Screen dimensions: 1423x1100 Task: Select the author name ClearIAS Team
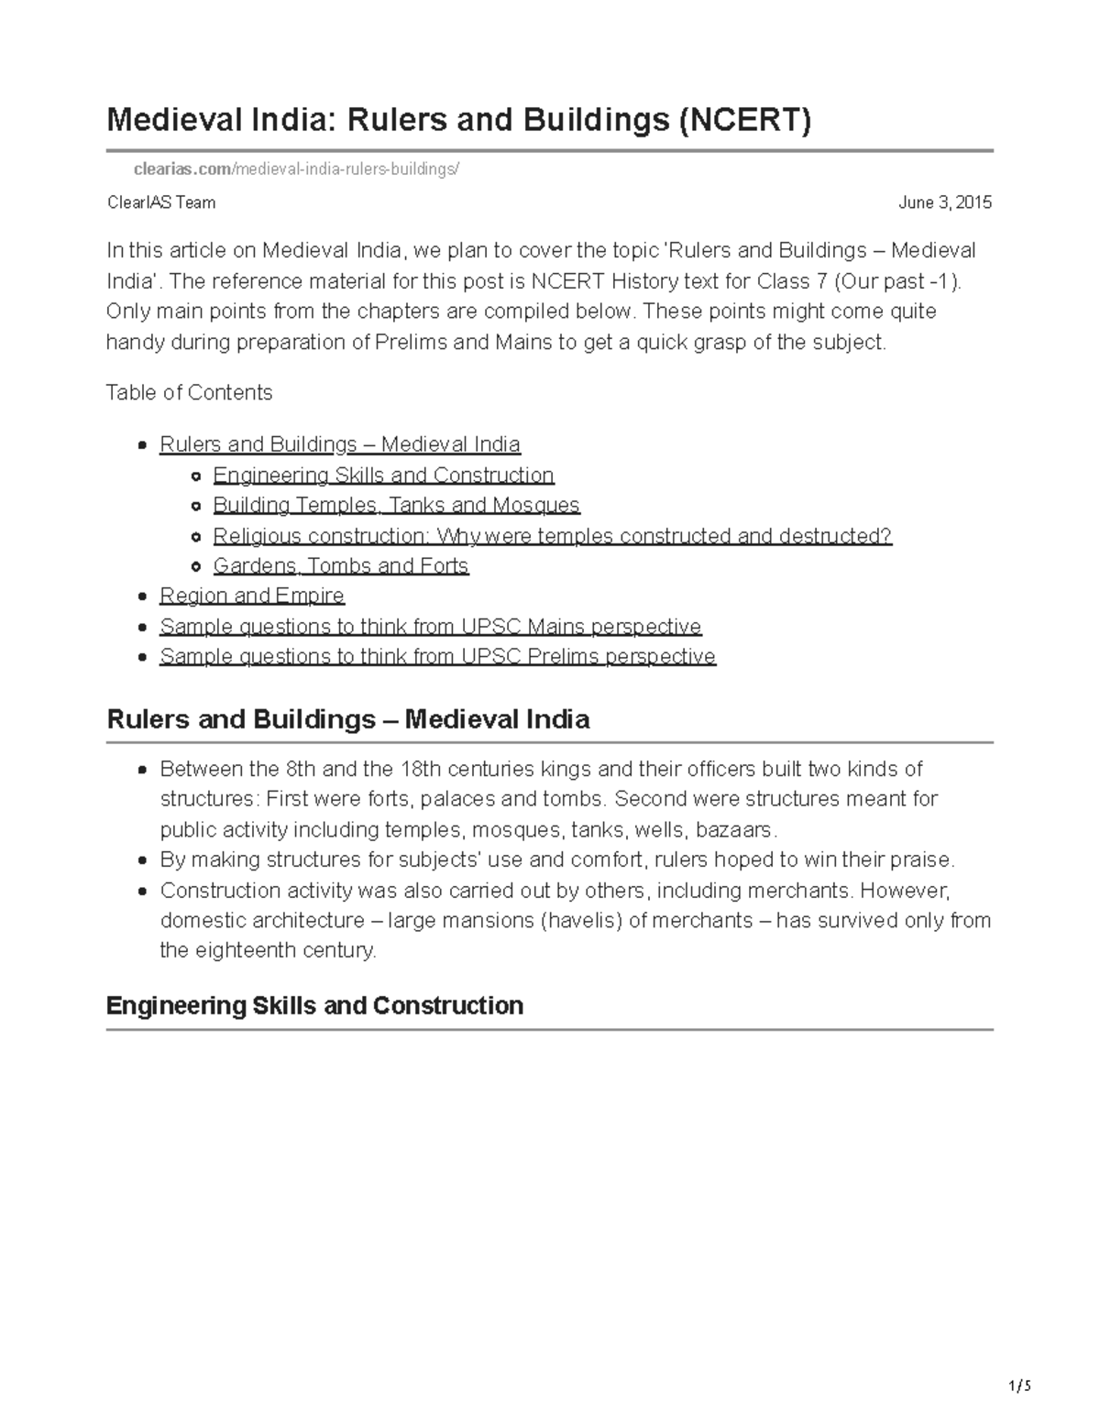coord(161,203)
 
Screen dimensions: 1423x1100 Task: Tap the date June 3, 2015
coord(944,203)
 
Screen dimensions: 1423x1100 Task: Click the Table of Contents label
coord(190,393)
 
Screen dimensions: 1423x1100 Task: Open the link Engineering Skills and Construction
coord(383,476)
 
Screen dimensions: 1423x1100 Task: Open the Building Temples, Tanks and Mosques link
coord(396,506)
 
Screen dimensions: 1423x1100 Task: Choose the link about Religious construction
coord(552,536)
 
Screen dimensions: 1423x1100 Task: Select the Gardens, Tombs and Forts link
coord(340,566)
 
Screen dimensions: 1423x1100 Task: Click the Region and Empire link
coord(251,597)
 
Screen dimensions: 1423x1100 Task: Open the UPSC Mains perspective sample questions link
coord(430,627)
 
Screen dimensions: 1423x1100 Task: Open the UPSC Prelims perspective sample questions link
coord(437,657)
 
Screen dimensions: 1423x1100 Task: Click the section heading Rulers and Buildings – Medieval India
coord(348,719)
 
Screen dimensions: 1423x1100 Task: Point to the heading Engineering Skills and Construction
coord(314,1006)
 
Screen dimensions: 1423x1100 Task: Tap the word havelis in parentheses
coord(583,921)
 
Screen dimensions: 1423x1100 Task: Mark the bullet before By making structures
coord(141,861)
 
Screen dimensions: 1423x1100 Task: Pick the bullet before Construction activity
coord(141,892)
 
